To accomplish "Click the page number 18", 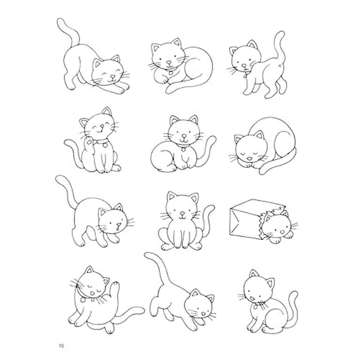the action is click(61, 345).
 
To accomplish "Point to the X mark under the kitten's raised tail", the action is click(280, 66).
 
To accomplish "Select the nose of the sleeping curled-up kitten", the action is click(249, 158).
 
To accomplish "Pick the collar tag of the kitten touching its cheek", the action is click(105, 145).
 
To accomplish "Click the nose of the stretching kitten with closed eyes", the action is click(113, 76).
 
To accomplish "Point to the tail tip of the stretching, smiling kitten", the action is click(60, 22).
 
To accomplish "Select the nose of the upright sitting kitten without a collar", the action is click(182, 214).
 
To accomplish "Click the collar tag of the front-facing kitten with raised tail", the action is click(183, 150).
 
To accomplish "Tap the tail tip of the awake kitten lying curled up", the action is click(169, 90).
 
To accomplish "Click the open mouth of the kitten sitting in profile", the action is click(252, 299).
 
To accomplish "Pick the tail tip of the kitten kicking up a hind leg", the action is click(149, 255).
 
